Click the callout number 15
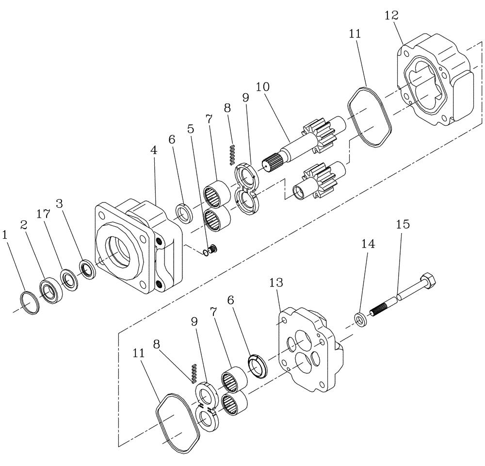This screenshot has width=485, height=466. [x=403, y=224]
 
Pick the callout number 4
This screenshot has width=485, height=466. [x=154, y=150]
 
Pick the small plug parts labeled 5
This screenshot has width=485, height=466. [x=211, y=250]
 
